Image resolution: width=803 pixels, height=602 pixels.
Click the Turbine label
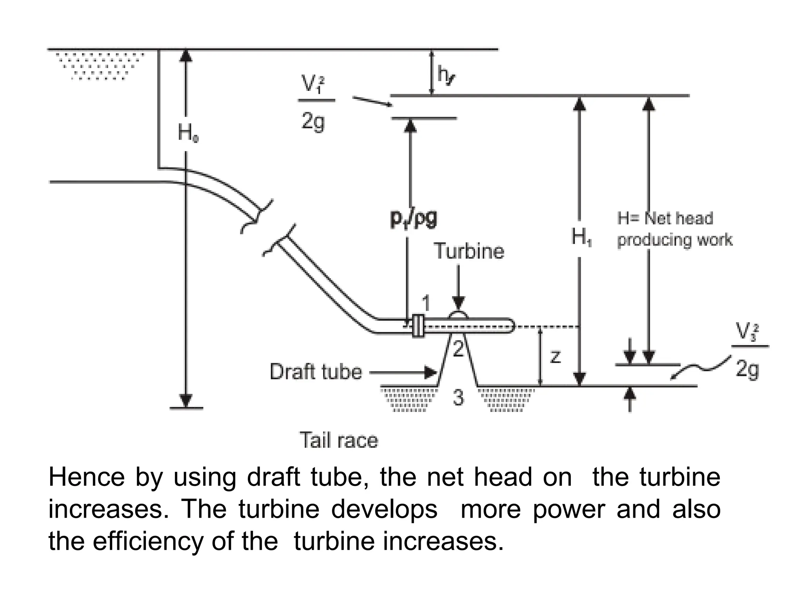click(469, 251)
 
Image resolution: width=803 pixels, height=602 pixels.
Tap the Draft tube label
click(316, 372)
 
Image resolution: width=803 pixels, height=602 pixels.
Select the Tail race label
click(339, 440)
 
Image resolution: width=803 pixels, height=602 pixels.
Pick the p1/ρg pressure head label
click(414, 219)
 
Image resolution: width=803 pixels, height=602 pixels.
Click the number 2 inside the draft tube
click(458, 349)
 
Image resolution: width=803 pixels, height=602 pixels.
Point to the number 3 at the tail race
click(458, 398)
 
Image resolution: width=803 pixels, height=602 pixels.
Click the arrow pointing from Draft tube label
click(404, 372)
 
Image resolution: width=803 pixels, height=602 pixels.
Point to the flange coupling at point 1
click(418, 326)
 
